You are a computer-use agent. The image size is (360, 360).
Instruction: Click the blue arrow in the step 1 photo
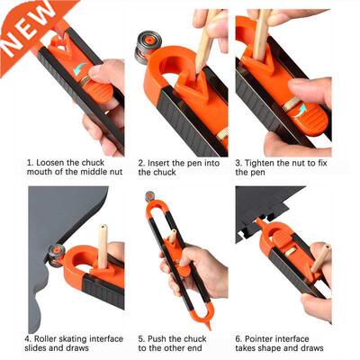[82, 67]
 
